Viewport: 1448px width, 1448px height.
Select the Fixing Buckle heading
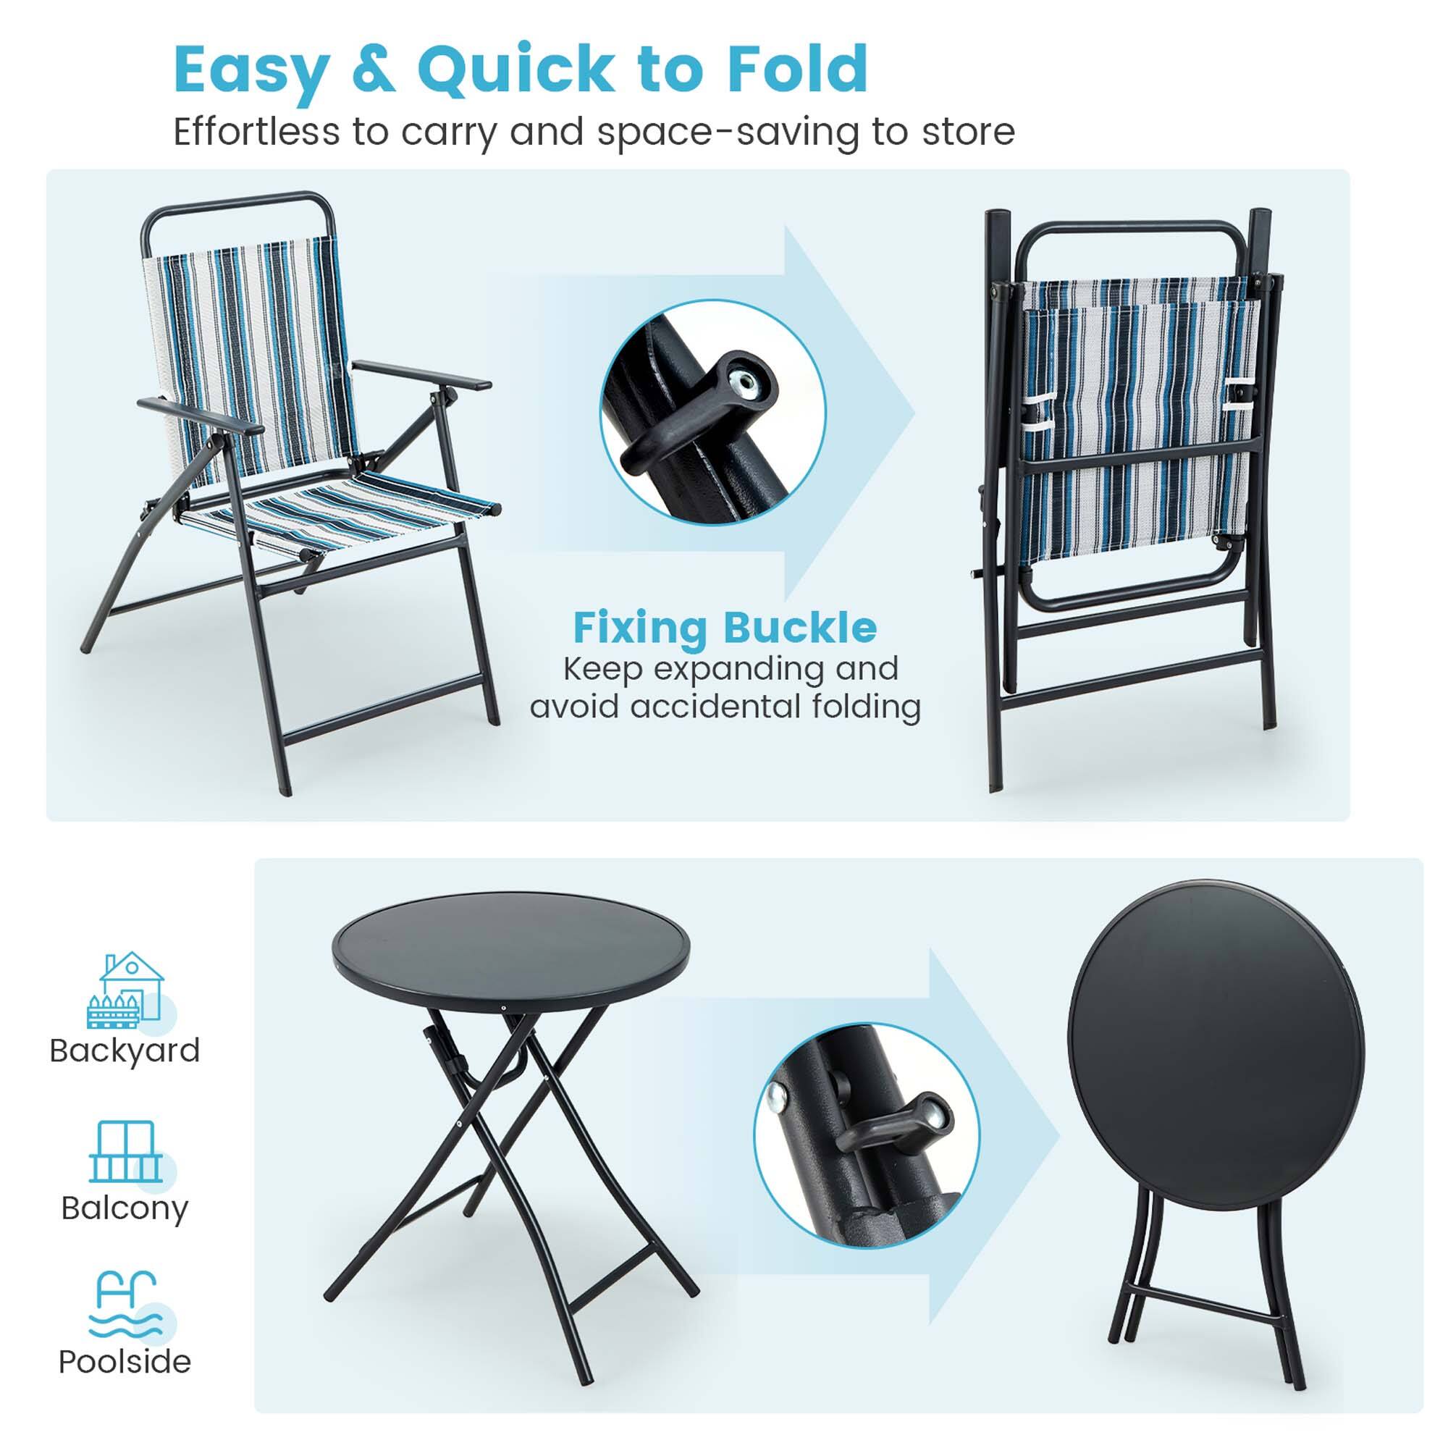(x=725, y=627)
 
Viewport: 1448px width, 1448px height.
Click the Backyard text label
(x=125, y=1051)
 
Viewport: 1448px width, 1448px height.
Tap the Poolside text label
(x=125, y=1362)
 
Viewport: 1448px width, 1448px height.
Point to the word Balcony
(x=125, y=1209)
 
